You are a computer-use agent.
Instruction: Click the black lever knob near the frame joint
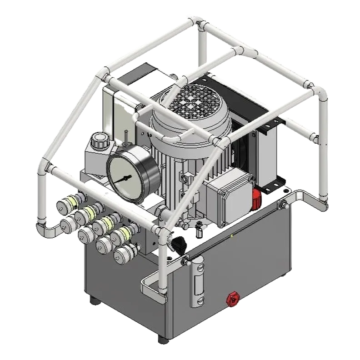[x=179, y=245]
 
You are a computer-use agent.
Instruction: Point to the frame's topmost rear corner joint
[x=198, y=20]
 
